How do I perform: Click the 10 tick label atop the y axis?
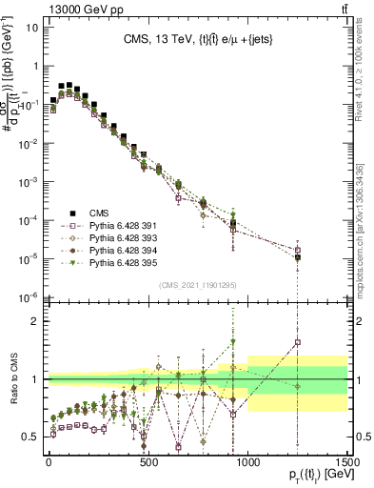[31, 27]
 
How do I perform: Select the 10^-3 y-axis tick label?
[29, 181]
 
